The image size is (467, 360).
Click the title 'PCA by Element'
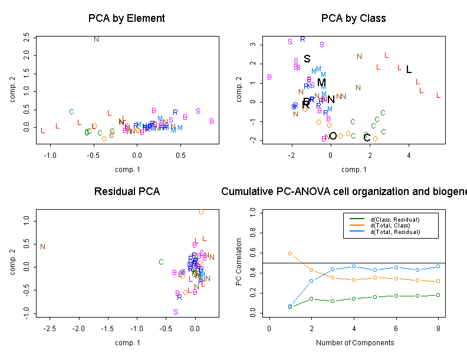click(126, 18)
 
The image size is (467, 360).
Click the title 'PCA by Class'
click(353, 18)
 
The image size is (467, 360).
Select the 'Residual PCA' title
click(126, 191)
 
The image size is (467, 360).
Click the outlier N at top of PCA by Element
click(97, 39)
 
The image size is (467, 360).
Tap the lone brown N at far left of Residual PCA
click(43, 246)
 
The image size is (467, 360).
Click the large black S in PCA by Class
click(307, 59)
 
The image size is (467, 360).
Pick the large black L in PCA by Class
click(409, 70)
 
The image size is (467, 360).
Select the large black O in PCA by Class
click(333, 136)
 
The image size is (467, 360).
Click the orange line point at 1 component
click(290, 253)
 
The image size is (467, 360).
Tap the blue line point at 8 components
click(438, 266)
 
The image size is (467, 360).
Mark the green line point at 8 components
click(438, 295)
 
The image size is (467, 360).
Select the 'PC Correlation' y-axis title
click(239, 262)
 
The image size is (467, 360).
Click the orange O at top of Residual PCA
click(201, 212)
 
